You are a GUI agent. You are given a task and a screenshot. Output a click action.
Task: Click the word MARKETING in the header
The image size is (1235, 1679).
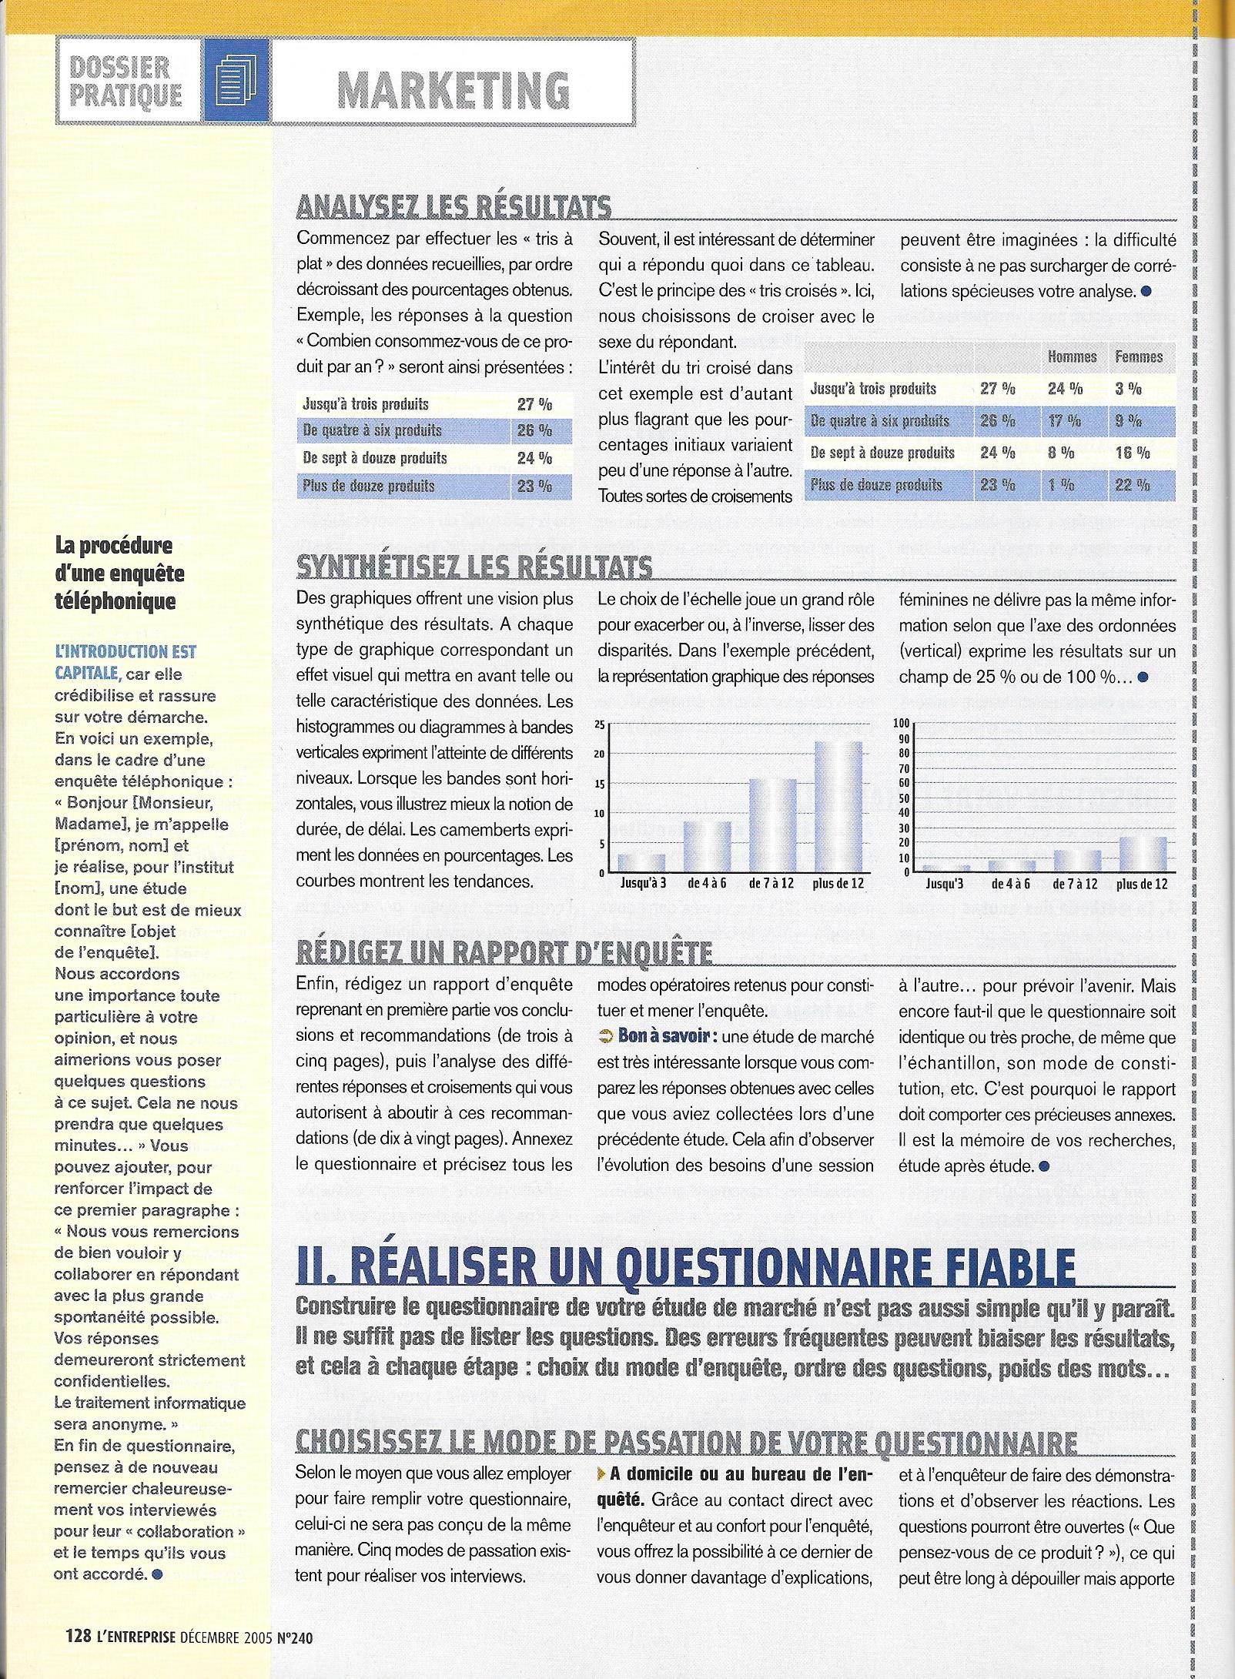pyautogui.click(x=454, y=91)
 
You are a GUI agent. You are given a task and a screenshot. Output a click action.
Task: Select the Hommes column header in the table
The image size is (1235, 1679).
pyautogui.click(x=1072, y=356)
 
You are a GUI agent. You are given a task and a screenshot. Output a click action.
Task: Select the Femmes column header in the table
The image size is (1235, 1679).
pyautogui.click(x=1139, y=356)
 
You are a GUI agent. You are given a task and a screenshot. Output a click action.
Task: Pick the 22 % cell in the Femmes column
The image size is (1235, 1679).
pyautogui.click(x=1132, y=485)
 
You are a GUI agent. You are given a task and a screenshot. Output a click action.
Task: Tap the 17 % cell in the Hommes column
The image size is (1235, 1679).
pyautogui.click(x=1065, y=421)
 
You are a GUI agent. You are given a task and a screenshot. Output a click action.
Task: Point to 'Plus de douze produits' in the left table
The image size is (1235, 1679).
pyautogui.click(x=369, y=487)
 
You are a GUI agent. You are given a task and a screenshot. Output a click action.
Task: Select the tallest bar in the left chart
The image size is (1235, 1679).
pyautogui.click(x=838, y=807)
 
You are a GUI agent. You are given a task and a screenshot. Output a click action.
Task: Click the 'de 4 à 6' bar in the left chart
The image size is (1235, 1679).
pyautogui.click(x=708, y=847)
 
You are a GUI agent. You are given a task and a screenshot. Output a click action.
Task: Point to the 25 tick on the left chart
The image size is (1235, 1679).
pyautogui.click(x=601, y=724)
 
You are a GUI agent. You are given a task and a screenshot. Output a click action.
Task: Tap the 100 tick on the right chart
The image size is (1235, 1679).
pyautogui.click(x=901, y=723)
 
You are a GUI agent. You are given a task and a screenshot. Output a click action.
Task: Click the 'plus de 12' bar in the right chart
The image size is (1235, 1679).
pyautogui.click(x=1143, y=855)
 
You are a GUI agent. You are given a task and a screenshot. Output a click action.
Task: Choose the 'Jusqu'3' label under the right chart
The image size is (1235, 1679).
pyautogui.click(x=944, y=885)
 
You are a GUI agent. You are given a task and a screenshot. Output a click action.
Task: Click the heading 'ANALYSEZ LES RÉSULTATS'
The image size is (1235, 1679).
pyautogui.click(x=454, y=207)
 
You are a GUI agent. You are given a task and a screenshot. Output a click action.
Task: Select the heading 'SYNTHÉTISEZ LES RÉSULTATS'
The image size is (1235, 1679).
pyautogui.click(x=474, y=567)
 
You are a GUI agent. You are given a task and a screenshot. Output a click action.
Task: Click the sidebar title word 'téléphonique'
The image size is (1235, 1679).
pyautogui.click(x=115, y=601)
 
